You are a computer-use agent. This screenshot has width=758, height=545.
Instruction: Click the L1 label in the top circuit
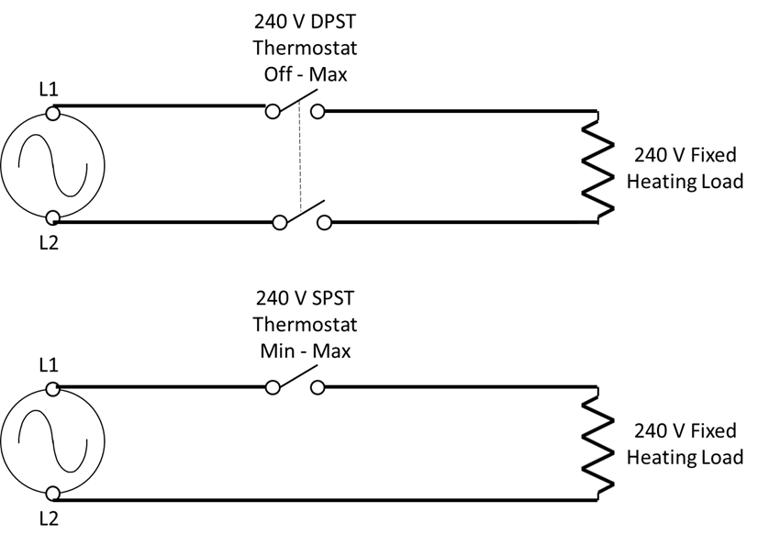pyautogui.click(x=48, y=90)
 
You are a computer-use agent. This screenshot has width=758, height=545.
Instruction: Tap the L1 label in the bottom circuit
pyautogui.click(x=48, y=365)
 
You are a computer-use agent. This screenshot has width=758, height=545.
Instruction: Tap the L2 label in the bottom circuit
pyautogui.click(x=48, y=520)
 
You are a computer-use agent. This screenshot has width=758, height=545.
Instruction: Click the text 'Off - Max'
pyautogui.click(x=305, y=74)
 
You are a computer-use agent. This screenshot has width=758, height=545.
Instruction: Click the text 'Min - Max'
pyautogui.click(x=305, y=350)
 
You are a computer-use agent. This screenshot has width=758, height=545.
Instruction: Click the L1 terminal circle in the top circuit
pyautogui.click(x=53, y=115)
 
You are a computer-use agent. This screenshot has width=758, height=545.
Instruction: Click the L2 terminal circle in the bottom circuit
pyautogui.click(x=53, y=494)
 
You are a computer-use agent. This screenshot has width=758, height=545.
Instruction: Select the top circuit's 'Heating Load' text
pyautogui.click(x=685, y=181)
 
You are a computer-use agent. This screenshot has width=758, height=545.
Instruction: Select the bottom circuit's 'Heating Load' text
pyautogui.click(x=685, y=456)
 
